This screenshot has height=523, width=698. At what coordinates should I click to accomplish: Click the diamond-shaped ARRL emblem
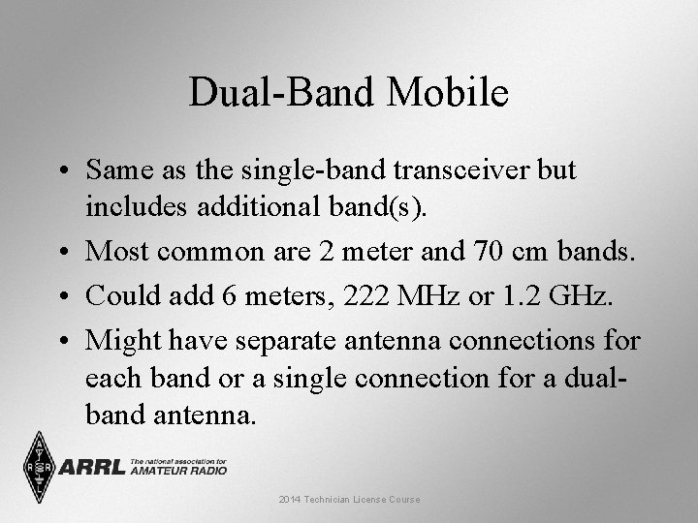pos(39,466)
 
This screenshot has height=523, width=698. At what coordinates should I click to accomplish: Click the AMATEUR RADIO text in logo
pos(178,471)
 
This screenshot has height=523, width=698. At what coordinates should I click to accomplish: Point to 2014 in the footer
pos(289,499)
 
